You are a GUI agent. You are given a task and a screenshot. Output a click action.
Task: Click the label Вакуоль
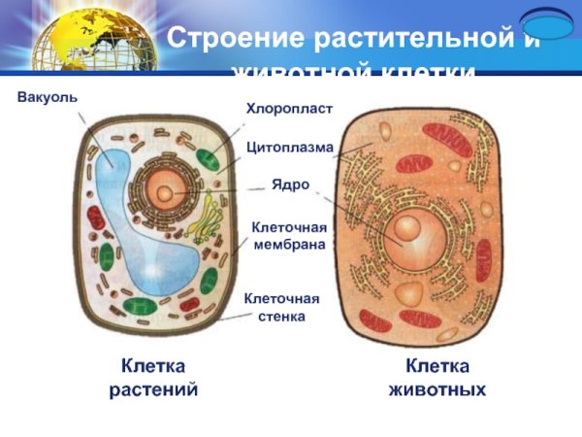click(x=48, y=98)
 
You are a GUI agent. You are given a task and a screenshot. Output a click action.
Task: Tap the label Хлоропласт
click(x=288, y=108)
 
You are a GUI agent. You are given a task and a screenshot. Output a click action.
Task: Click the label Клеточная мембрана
click(x=288, y=235)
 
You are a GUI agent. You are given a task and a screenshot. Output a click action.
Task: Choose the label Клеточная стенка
click(x=281, y=307)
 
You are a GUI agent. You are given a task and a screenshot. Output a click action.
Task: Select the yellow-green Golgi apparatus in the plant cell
click(x=203, y=221)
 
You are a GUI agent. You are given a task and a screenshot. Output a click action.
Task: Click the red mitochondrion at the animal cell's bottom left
click(x=374, y=319)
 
